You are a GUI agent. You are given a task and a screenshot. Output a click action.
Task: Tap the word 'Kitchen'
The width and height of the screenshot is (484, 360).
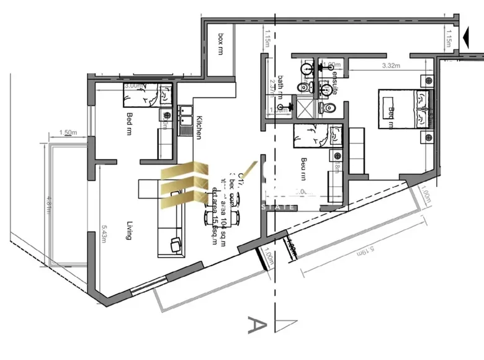click(x=200, y=127)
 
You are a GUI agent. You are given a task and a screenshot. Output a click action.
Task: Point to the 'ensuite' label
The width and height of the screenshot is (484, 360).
click(x=334, y=81)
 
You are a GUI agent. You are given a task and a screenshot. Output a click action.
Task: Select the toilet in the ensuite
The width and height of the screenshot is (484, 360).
click(x=328, y=109)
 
